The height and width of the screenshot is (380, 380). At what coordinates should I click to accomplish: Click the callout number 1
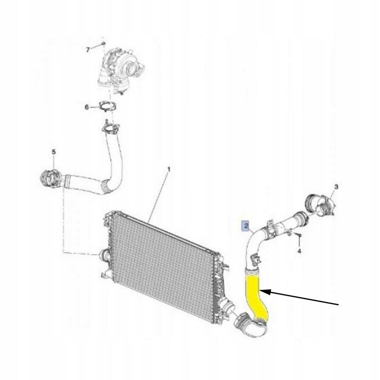[169, 169]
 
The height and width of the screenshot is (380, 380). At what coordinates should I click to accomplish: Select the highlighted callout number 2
[246, 226]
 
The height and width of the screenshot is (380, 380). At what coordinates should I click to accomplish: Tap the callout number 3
[336, 187]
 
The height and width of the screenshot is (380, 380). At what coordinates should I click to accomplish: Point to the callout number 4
[299, 251]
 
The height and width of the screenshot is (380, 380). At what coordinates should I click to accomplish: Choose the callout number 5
[54, 152]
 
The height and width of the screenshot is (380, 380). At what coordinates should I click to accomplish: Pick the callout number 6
[87, 107]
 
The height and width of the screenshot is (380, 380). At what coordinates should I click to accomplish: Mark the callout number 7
[88, 50]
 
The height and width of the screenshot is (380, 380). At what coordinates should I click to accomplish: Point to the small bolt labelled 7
[104, 43]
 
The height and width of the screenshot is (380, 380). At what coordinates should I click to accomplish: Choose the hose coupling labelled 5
[50, 179]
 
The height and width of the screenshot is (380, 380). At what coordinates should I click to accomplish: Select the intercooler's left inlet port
[104, 256]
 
